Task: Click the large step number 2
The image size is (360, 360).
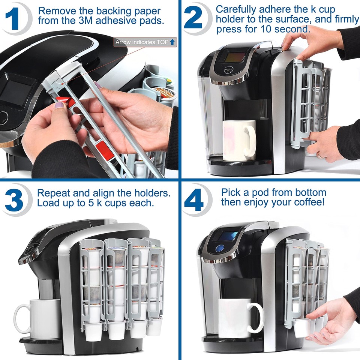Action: click(x=194, y=19)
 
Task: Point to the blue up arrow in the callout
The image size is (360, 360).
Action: click(x=172, y=42)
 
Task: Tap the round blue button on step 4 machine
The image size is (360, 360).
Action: click(x=220, y=248)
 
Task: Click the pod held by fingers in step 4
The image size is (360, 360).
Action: click(x=302, y=327)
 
